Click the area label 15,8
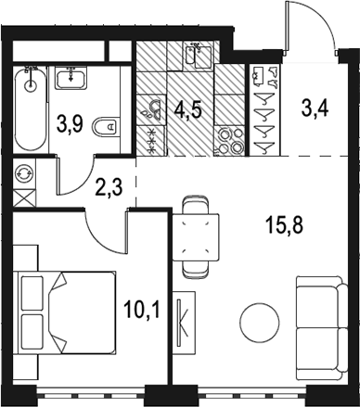pyautogui.click(x=285, y=225)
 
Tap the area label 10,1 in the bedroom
pyautogui.click(x=142, y=310)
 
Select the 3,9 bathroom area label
pyautogui.click(x=70, y=124)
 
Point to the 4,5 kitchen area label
pyautogui.click(x=187, y=109)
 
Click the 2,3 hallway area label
pyautogui.click(x=109, y=187)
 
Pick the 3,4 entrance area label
pyautogui.click(x=315, y=108)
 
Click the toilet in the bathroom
pyautogui.click(x=106, y=127)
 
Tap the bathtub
pyautogui.click(x=30, y=109)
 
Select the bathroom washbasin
pyautogui.click(x=71, y=78)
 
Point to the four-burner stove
pyautogui.click(x=230, y=141)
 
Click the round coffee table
pyautogui.click(x=260, y=323)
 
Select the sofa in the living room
pyautogui.click(x=322, y=324)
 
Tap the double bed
pyautogui.click(x=67, y=312)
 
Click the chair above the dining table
pyautogui.click(x=195, y=205)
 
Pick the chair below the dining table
pyautogui.click(x=195, y=269)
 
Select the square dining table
pyautogui.click(x=195, y=237)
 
